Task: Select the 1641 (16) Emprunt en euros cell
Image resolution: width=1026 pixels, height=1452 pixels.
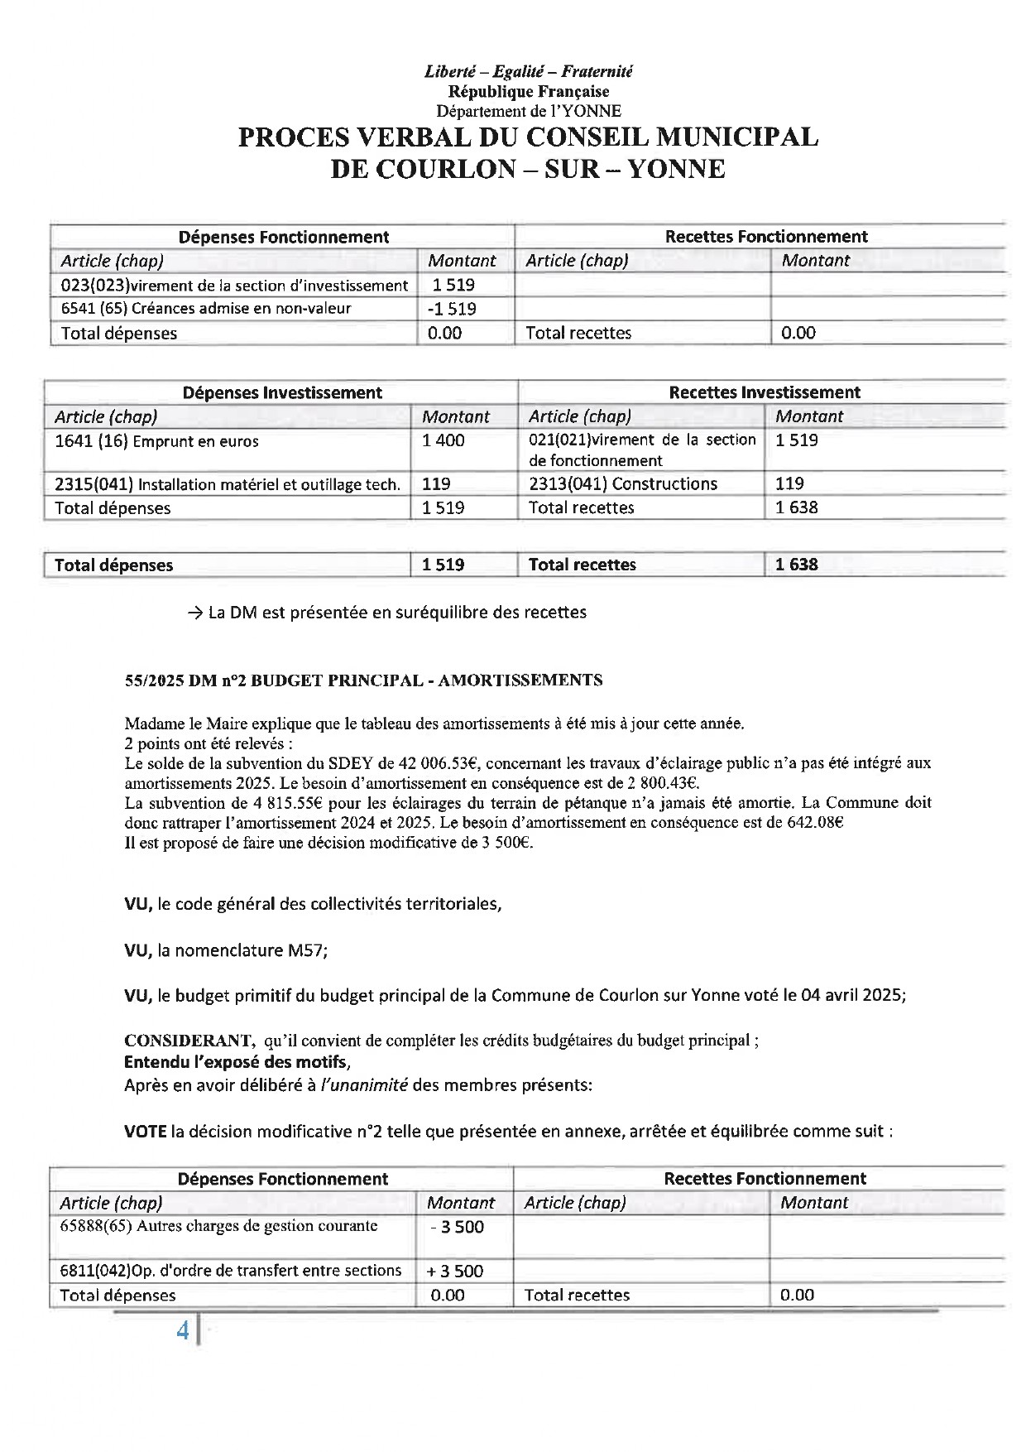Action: [x=156, y=441]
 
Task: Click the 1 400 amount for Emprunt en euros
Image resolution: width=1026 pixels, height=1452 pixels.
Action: [x=443, y=440]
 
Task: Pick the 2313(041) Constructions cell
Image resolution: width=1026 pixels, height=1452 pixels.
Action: [x=623, y=483]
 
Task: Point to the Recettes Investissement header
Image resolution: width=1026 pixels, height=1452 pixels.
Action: [x=764, y=392]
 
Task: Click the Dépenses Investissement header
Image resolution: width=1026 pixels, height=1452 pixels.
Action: [x=282, y=392]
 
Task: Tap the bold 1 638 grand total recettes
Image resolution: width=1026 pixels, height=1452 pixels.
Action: [x=796, y=565]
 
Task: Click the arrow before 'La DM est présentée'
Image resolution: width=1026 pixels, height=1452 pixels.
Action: [x=195, y=613]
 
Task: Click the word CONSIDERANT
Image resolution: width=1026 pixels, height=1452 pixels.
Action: [x=189, y=1041]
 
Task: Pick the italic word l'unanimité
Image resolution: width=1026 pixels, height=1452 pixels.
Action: [x=364, y=1085]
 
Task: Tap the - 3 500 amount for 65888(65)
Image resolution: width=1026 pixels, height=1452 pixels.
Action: [x=458, y=1227]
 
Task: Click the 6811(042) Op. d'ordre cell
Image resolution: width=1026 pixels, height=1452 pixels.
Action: [x=231, y=1271]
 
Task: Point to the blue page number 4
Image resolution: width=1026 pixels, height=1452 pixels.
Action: [x=183, y=1330]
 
